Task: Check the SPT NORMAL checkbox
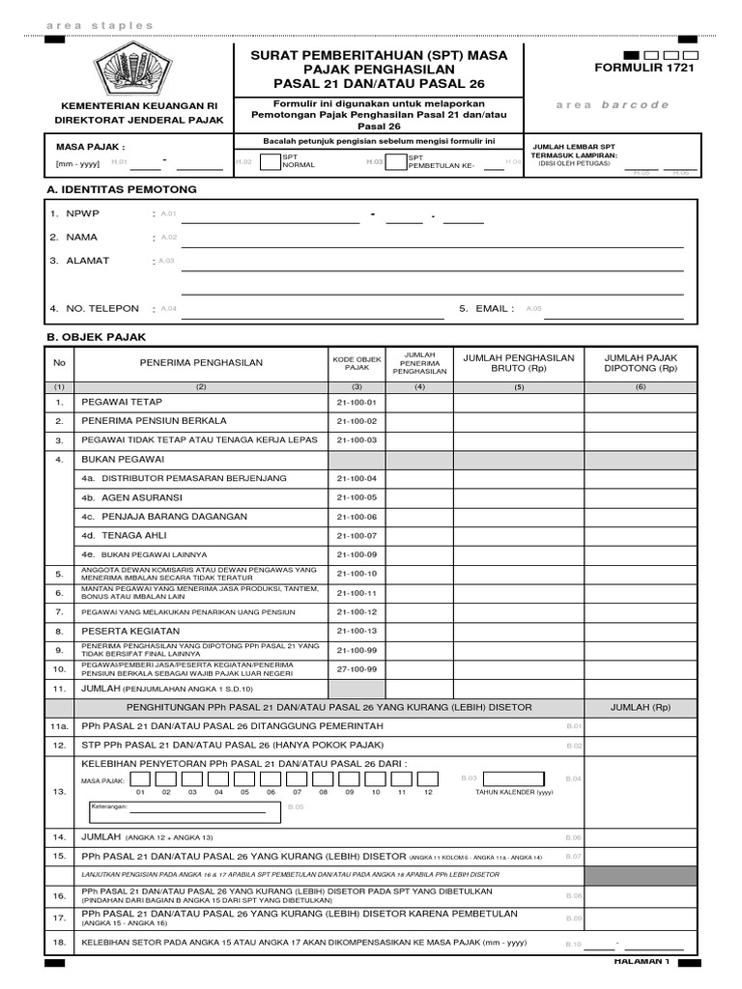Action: tap(270, 160)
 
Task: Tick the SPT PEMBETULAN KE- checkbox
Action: tap(396, 160)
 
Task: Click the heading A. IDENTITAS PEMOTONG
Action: tap(122, 189)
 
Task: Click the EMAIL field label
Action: tap(487, 308)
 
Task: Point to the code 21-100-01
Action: tap(357, 402)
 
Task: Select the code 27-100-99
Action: tap(357, 668)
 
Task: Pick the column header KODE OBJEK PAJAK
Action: tap(357, 363)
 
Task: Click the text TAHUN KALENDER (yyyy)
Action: tap(514, 792)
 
